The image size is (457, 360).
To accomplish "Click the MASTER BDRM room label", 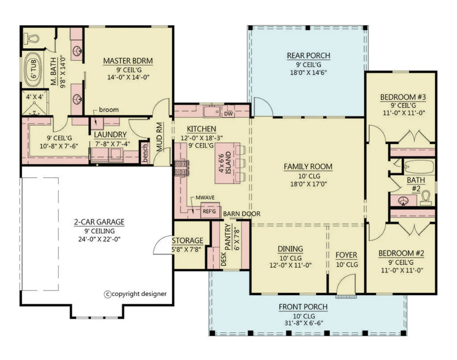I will pyautogui.click(x=128, y=61).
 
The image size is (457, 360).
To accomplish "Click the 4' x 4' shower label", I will pyautogui.click(x=32, y=96).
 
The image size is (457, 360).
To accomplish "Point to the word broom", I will pyautogui.click(x=109, y=110).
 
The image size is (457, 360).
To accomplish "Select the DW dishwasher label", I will pyautogui.click(x=228, y=114).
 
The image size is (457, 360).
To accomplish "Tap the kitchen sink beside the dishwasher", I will pyautogui.click(x=210, y=111).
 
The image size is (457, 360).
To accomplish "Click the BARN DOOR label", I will pyautogui.click(x=242, y=213).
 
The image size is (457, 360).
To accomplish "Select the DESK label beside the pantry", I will pyautogui.click(x=224, y=258).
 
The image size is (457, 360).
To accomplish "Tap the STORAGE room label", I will pyautogui.click(x=187, y=241).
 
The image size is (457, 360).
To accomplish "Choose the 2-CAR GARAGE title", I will pyautogui.click(x=99, y=222).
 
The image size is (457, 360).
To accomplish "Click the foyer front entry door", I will pyautogui.click(x=346, y=286).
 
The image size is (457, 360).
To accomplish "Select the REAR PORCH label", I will pyautogui.click(x=308, y=55).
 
